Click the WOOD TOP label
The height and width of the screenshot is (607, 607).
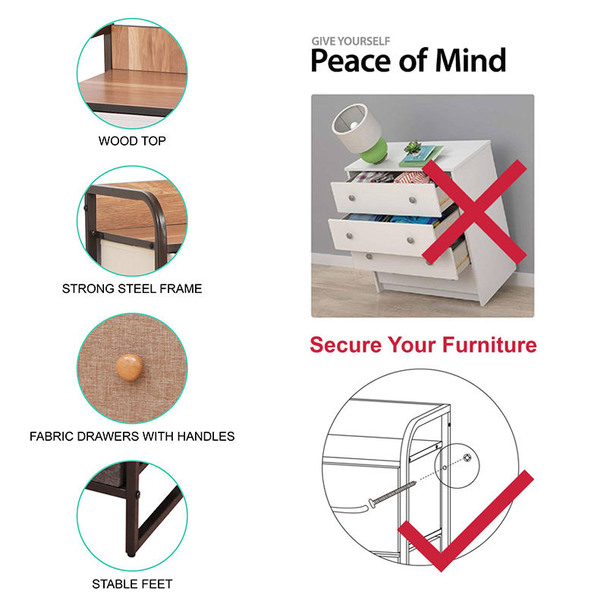[132, 141]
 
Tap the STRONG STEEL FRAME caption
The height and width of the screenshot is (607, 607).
[132, 289]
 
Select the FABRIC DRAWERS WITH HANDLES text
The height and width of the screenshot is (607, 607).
[132, 437]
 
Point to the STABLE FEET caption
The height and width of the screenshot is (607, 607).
[132, 584]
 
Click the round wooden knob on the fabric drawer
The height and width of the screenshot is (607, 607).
[129, 366]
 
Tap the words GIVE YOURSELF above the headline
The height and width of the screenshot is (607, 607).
[351, 41]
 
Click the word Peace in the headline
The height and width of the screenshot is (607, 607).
[351, 61]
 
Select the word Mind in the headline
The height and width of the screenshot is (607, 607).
[470, 61]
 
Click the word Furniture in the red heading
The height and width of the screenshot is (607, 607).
[489, 344]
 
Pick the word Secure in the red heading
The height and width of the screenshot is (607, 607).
[346, 344]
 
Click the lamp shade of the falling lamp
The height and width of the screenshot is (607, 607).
[355, 127]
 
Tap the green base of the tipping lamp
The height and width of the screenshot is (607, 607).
[374, 151]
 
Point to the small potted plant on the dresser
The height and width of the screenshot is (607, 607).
[413, 148]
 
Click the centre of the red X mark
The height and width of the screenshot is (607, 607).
[474, 212]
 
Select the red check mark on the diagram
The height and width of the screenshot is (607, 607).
[466, 521]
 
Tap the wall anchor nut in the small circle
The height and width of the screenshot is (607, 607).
[467, 458]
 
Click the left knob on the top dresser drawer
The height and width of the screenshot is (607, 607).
[352, 198]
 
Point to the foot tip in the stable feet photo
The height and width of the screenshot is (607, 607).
[131, 555]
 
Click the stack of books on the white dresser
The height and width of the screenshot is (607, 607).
[421, 156]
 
